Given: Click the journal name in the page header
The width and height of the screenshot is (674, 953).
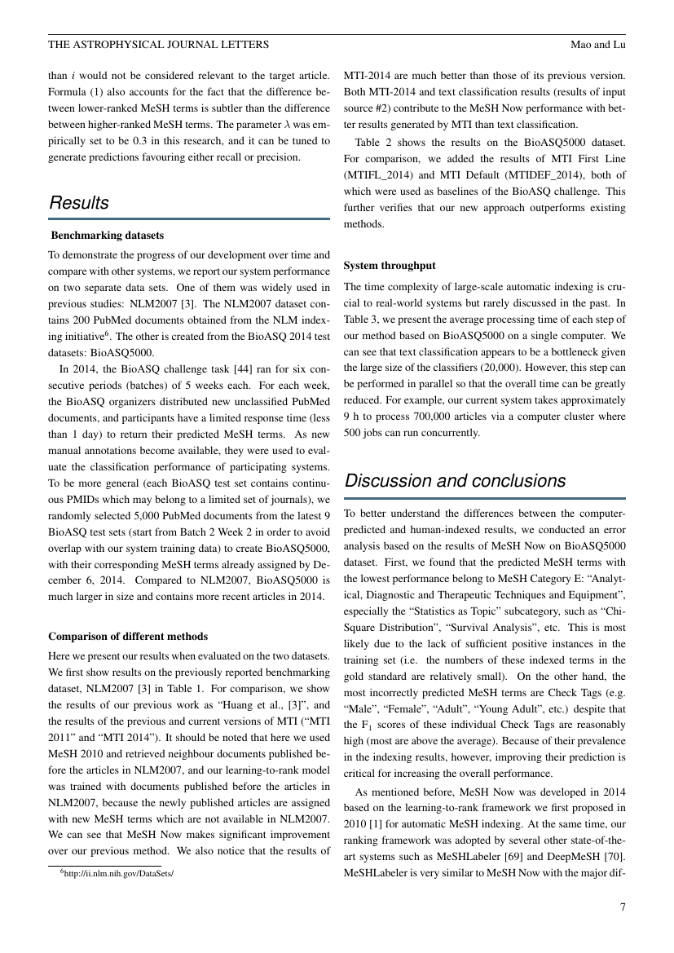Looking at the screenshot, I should (x=158, y=44).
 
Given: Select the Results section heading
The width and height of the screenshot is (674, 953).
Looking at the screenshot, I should (x=79, y=203).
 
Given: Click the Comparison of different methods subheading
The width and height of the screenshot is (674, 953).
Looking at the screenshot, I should (x=128, y=636).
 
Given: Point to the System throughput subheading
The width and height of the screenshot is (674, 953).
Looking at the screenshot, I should (x=390, y=266).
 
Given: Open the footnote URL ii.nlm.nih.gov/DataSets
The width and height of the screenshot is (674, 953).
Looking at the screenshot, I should (x=119, y=872).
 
